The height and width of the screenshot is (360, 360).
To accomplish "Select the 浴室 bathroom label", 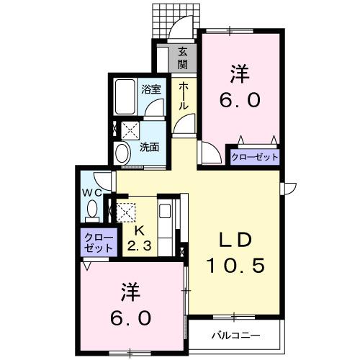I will pyautogui.click(x=151, y=89).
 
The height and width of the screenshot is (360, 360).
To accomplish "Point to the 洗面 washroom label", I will pyautogui.click(x=149, y=147).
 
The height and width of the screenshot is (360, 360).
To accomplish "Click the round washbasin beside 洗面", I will pyautogui.click(x=122, y=153).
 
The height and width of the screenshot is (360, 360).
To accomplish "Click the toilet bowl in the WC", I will pyautogui.click(x=91, y=210).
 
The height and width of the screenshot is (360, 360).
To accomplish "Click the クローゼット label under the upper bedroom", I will pyautogui.click(x=254, y=157).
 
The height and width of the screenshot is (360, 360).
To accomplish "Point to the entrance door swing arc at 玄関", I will pyautogui.click(x=184, y=32).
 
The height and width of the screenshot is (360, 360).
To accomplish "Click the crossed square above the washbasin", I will pyautogui.click(x=130, y=130).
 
